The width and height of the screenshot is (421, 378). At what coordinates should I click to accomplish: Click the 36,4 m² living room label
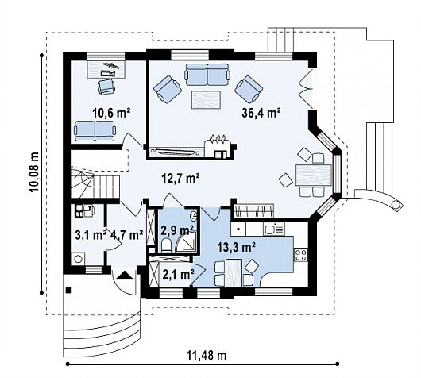point(261,113)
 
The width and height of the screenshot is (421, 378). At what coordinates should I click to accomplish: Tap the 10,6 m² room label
point(111,113)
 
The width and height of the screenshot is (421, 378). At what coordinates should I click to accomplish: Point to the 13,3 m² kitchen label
point(236,247)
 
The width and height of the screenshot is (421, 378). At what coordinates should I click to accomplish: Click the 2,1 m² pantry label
point(178,275)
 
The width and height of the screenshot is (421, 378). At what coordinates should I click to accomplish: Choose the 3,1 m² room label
point(91,235)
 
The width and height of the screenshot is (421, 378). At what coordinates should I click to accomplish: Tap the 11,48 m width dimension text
point(207,356)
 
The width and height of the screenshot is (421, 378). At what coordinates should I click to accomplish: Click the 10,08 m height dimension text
point(34,172)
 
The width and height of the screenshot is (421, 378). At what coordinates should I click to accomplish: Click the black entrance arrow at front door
point(126,276)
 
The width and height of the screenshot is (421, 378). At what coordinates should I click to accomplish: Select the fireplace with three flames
point(218,147)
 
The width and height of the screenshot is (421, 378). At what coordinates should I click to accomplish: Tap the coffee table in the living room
point(206,100)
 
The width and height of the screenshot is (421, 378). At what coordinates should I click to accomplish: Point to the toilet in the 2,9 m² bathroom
point(166,245)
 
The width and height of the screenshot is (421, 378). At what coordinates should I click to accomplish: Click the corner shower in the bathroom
point(186,241)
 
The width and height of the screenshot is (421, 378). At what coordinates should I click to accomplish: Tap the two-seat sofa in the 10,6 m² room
point(95,131)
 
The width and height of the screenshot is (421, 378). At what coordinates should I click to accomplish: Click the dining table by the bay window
point(314,175)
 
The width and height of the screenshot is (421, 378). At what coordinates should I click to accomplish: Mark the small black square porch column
point(69,290)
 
